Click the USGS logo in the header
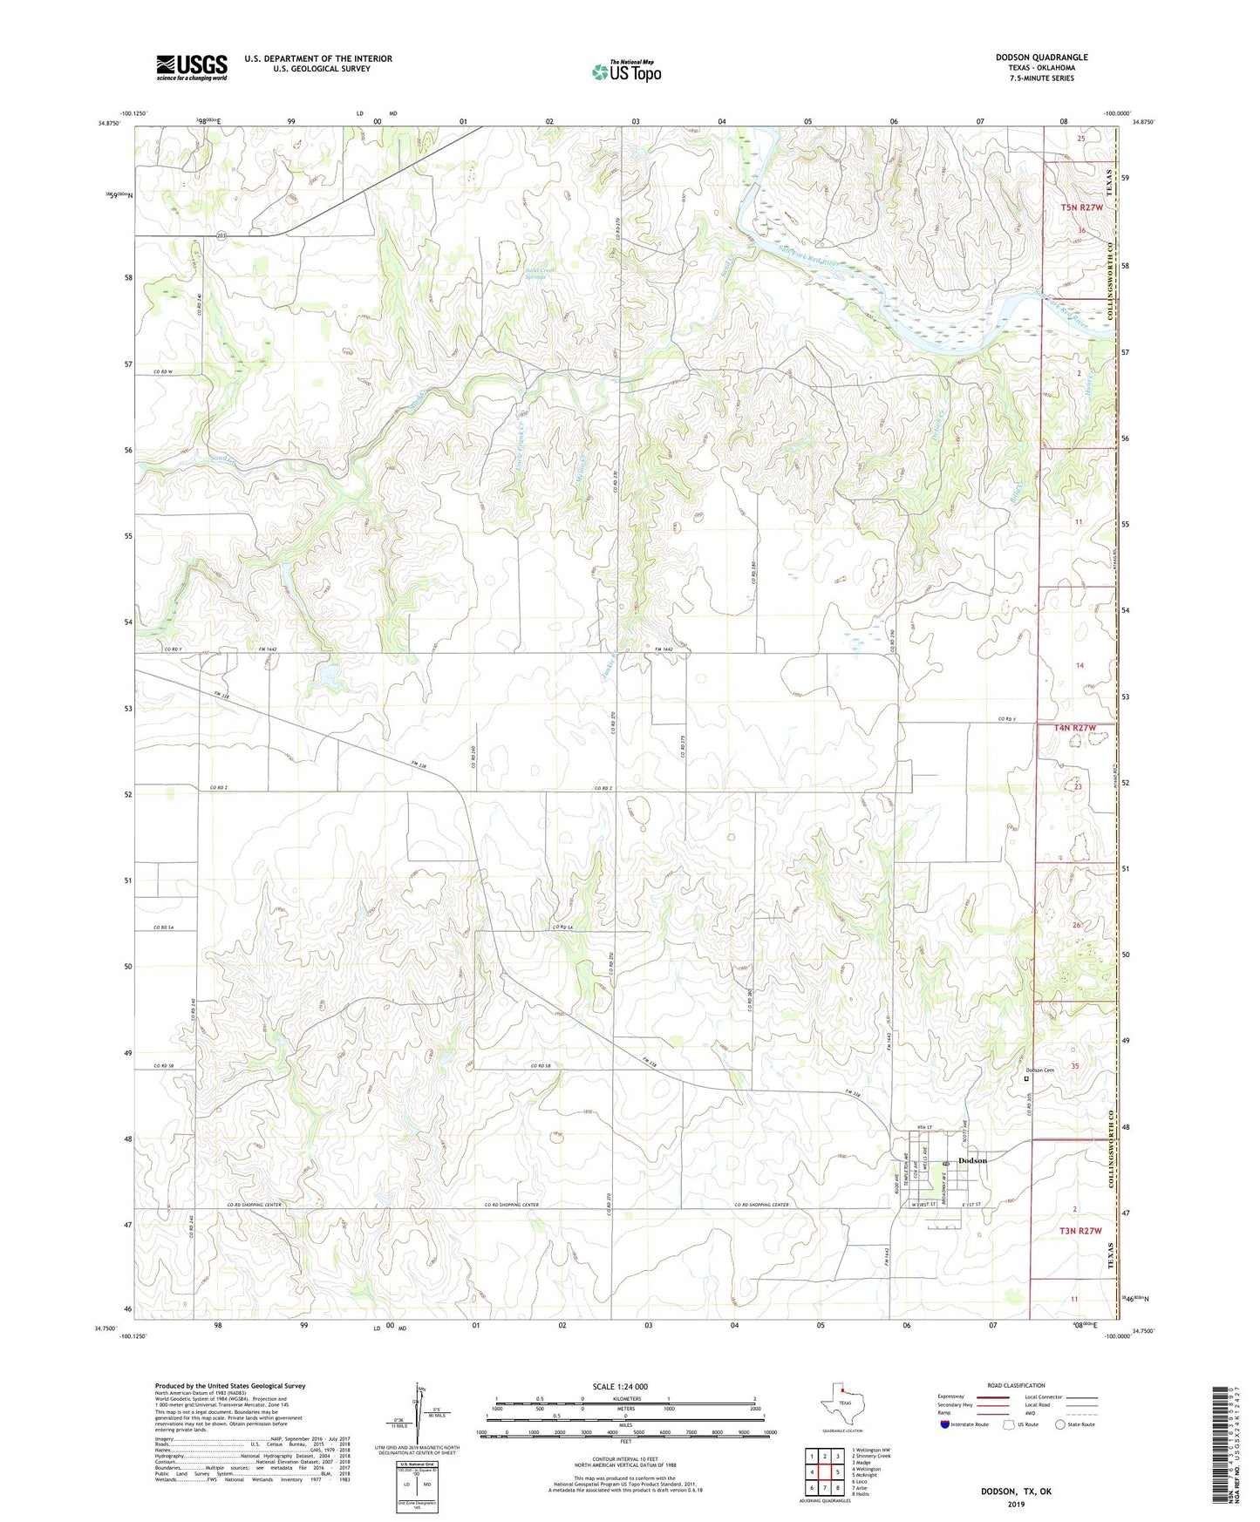pyautogui.click(x=192, y=66)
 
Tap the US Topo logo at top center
pyautogui.click(x=625, y=71)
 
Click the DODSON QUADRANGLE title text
pyautogui.click(x=1041, y=58)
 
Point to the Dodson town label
pyautogui.click(x=972, y=1160)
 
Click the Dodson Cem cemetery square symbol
pyautogui.click(x=1025, y=1078)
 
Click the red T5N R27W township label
pyautogui.click(x=1081, y=207)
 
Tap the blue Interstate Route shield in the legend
pyautogui.click(x=945, y=1424)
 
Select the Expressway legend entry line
pyautogui.click(x=992, y=1397)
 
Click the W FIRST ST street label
pyautogui.click(x=924, y=1206)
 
